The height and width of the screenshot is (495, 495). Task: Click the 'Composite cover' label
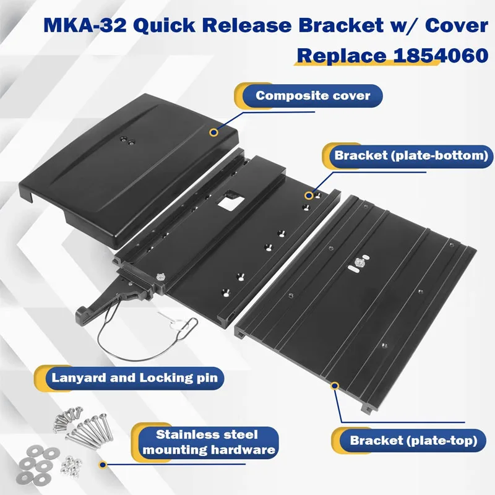[313, 96]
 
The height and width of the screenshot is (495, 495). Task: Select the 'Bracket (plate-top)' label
[413, 441]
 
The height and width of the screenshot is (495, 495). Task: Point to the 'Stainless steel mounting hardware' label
[207, 442]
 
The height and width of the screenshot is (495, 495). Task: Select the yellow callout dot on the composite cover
[213, 132]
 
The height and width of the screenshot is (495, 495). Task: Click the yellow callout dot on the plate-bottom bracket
[308, 195]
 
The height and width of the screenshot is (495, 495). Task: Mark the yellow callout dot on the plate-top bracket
[335, 385]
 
